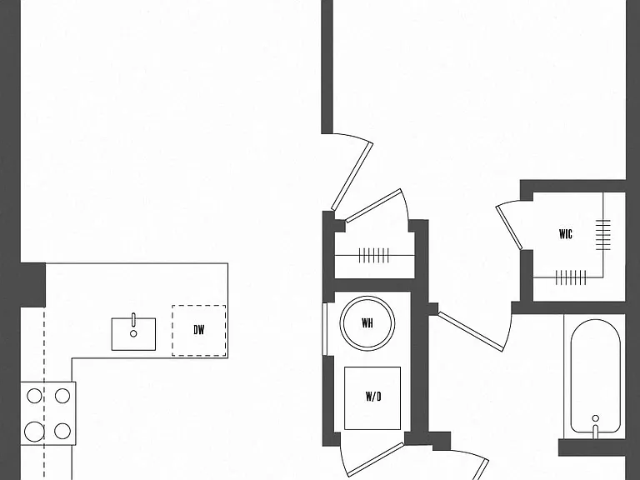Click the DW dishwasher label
tap(199, 330)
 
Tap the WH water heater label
tap(367, 323)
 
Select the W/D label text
tap(373, 397)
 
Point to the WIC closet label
tap(566, 234)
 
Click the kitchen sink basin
tap(133, 334)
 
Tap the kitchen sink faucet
tap(133, 320)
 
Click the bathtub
tap(596, 377)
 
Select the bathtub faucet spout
tap(596, 432)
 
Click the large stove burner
tap(34, 432)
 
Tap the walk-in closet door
tap(509, 227)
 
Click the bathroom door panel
tap(471, 331)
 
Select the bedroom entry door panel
tap(352, 176)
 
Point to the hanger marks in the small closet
tap(374, 256)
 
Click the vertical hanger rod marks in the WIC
tap(603, 235)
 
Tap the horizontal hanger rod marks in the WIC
tap(571, 277)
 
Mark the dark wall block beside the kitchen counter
tap(32, 285)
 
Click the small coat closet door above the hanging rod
tap(373, 205)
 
